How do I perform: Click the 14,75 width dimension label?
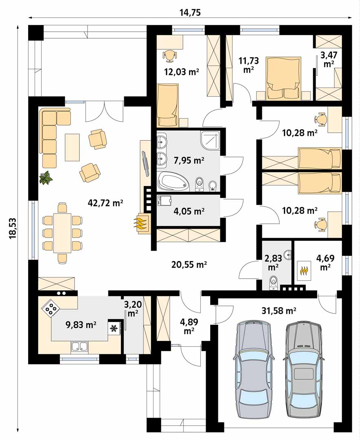tap(190, 13)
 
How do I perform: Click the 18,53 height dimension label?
tap(13, 228)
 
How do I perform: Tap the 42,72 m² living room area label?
tap(105, 202)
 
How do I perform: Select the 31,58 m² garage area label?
tap(279, 310)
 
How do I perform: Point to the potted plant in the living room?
tap(46, 178)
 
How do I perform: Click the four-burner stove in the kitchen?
tap(51, 308)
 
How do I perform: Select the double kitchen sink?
tap(80, 347)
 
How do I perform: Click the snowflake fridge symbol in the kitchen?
tap(114, 328)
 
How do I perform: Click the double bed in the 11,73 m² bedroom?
tap(284, 78)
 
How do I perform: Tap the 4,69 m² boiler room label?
tap(325, 262)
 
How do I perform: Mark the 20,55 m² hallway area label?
tap(189, 264)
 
